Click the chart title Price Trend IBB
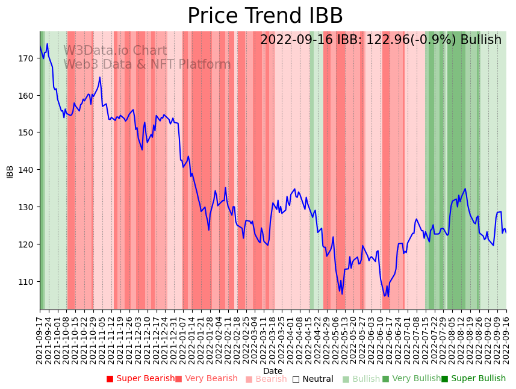[265, 16]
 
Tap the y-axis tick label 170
[26, 58]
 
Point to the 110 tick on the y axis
[26, 282]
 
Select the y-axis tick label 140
[26, 170]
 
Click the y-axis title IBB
[10, 171]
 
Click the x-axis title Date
[273, 371]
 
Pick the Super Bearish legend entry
[140, 379]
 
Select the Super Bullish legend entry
[473, 379]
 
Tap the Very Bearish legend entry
[207, 379]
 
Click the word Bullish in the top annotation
[480, 40]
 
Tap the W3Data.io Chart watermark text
[115, 51]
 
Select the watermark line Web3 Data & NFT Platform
[147, 64]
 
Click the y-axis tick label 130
[26, 207]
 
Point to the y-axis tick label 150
[26, 132]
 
